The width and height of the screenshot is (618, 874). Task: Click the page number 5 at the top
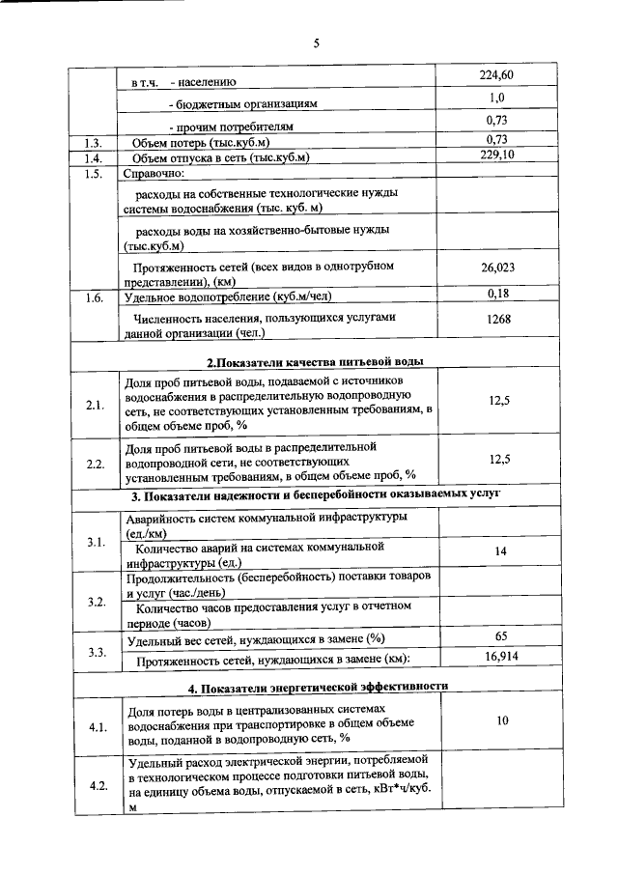point(316,42)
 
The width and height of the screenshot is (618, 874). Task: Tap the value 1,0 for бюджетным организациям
point(496,98)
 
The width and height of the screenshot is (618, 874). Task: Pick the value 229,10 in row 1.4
point(496,155)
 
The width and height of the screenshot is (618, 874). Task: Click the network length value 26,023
point(497,268)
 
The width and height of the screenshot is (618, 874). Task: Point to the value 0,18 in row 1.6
point(497,294)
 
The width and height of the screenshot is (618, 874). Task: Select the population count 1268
point(497,320)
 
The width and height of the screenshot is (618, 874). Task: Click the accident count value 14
point(499,550)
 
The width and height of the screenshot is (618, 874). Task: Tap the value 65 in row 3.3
point(500,636)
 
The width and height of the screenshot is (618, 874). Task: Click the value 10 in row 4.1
point(501,720)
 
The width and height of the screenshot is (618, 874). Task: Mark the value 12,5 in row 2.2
point(499,460)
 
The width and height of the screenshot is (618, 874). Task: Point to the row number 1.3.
point(94,143)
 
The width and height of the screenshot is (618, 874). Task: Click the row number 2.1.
point(95,405)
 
